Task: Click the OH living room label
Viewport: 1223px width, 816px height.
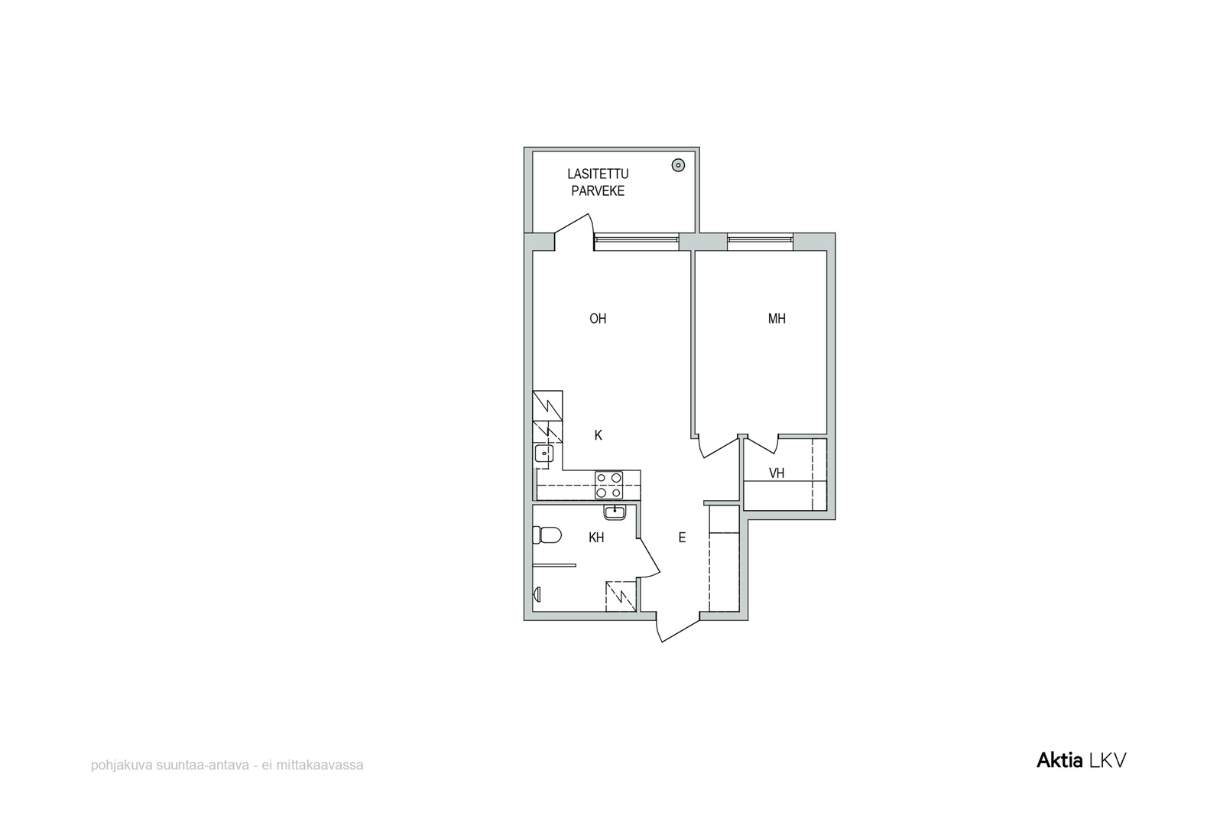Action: pos(598,318)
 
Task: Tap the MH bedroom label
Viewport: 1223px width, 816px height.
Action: pos(777,318)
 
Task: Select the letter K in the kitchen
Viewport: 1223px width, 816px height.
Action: pos(599,435)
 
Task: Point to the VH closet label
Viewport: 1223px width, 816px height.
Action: pos(777,473)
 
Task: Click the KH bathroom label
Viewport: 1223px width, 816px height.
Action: pos(596,538)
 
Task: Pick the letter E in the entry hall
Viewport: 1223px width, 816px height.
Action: pos(682,538)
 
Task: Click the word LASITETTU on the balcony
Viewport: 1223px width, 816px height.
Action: pos(598,174)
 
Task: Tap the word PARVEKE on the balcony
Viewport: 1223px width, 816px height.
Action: pos(598,191)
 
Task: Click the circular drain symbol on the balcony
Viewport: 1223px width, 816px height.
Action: pos(678,165)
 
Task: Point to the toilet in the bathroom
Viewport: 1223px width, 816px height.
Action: pos(547,535)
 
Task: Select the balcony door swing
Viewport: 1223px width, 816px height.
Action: pos(574,232)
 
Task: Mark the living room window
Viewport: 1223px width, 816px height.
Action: pos(637,242)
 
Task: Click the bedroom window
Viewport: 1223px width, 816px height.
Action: pos(760,242)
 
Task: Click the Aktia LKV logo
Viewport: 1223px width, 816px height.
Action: pos(1081,760)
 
